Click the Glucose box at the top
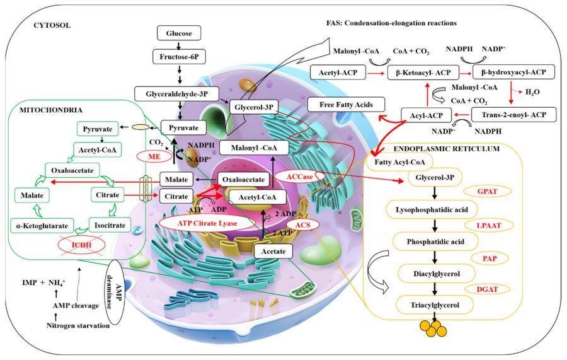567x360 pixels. (x=179, y=33)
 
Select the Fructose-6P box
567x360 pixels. (x=179, y=57)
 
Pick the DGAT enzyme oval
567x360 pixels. (x=485, y=288)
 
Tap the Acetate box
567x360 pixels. (x=274, y=252)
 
